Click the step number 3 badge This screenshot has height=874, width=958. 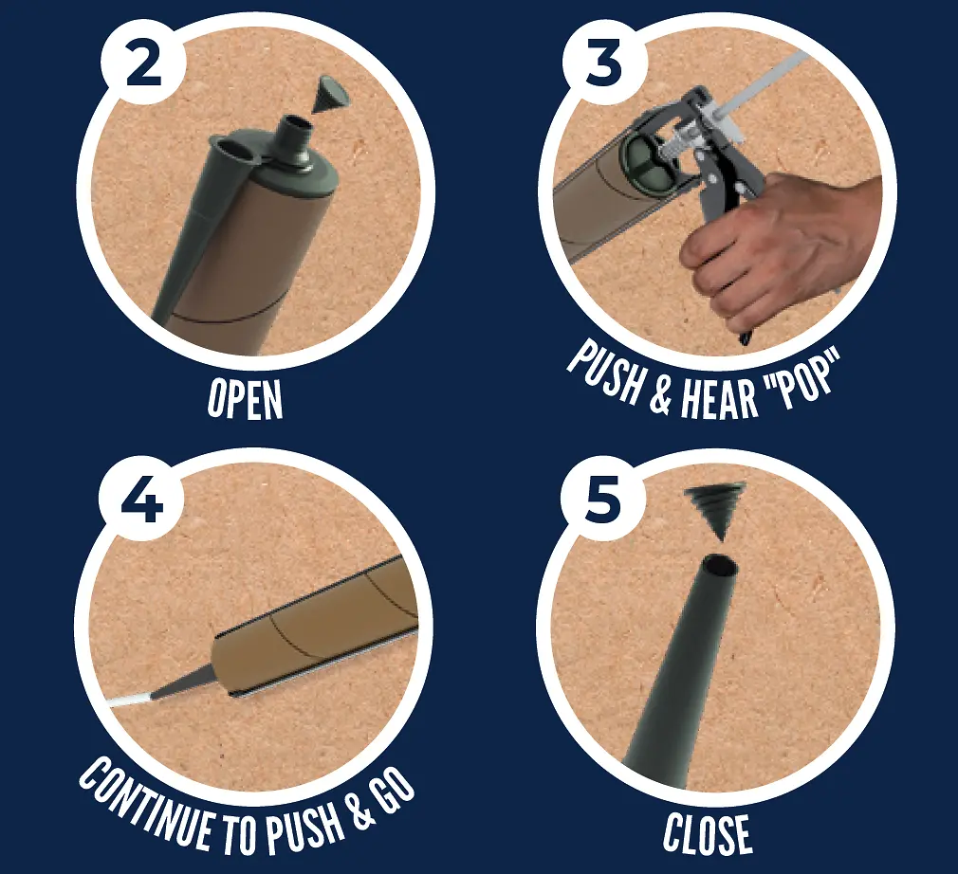click(x=603, y=63)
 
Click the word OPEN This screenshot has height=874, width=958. click(x=245, y=399)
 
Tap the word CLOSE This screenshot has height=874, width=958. click(x=707, y=832)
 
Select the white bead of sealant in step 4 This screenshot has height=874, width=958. click(x=130, y=700)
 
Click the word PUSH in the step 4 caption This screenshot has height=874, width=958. click(x=303, y=828)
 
